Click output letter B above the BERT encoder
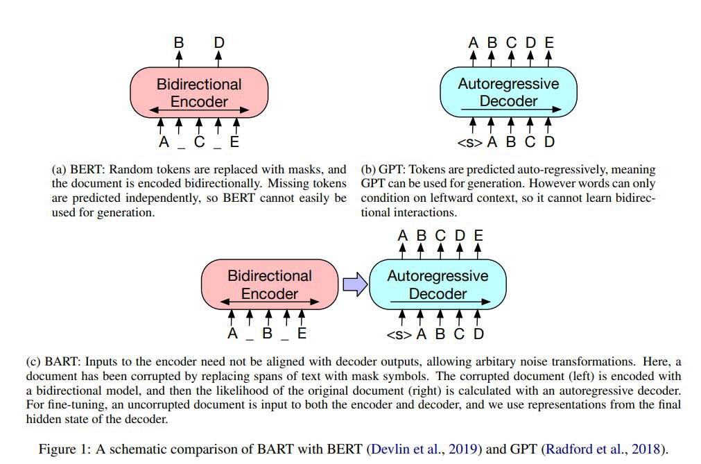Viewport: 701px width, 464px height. pyautogui.click(x=179, y=42)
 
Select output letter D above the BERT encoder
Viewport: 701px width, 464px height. pyautogui.click(x=218, y=42)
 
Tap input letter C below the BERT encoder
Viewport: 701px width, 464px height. pyautogui.click(x=200, y=141)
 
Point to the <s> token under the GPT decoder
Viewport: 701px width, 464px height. pyautogui.click(x=470, y=143)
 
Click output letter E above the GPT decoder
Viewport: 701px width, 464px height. pyautogui.click(x=549, y=42)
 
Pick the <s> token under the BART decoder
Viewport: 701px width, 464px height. pyautogui.click(x=399, y=334)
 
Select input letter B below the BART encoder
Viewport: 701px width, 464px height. pyautogui.click(x=268, y=334)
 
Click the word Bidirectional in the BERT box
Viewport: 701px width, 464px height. pyautogui.click(x=199, y=84)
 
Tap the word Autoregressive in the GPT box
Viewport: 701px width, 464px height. pyautogui.click(x=508, y=84)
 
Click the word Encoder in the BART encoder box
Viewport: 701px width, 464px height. pyautogui.click(x=270, y=293)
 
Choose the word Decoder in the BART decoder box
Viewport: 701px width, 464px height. pyautogui.click(x=438, y=293)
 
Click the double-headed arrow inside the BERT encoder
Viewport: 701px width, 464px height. pyautogui.click(x=200, y=110)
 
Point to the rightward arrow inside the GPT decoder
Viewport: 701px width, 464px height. pyautogui.click(x=511, y=109)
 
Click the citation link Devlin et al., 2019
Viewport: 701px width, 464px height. pyautogui.click(x=424, y=449)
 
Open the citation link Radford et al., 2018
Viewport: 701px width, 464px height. pyautogui.click(x=603, y=449)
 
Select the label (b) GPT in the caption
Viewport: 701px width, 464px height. pyautogui.click(x=383, y=170)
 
